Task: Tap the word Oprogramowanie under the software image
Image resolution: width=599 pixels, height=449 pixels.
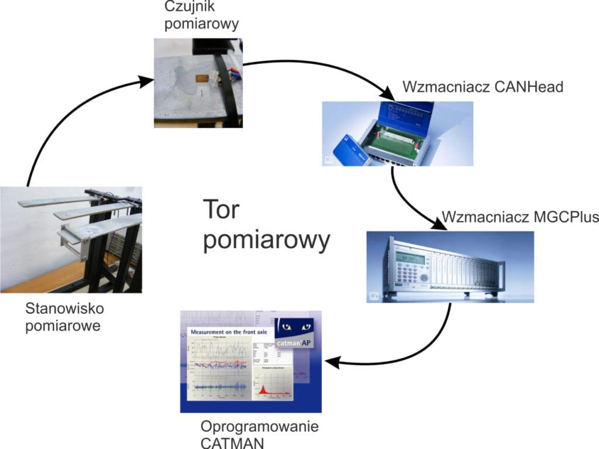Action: tap(259, 427)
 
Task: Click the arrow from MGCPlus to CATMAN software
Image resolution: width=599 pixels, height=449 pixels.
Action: tap(409, 357)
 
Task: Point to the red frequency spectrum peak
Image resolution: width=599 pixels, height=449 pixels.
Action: tap(263, 389)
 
